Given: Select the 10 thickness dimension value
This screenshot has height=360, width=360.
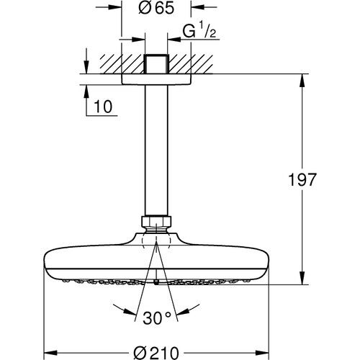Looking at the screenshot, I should [104, 107].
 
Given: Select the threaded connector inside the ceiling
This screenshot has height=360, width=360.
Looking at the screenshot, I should [156, 63].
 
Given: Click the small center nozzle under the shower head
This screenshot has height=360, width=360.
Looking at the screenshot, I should [157, 283].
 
